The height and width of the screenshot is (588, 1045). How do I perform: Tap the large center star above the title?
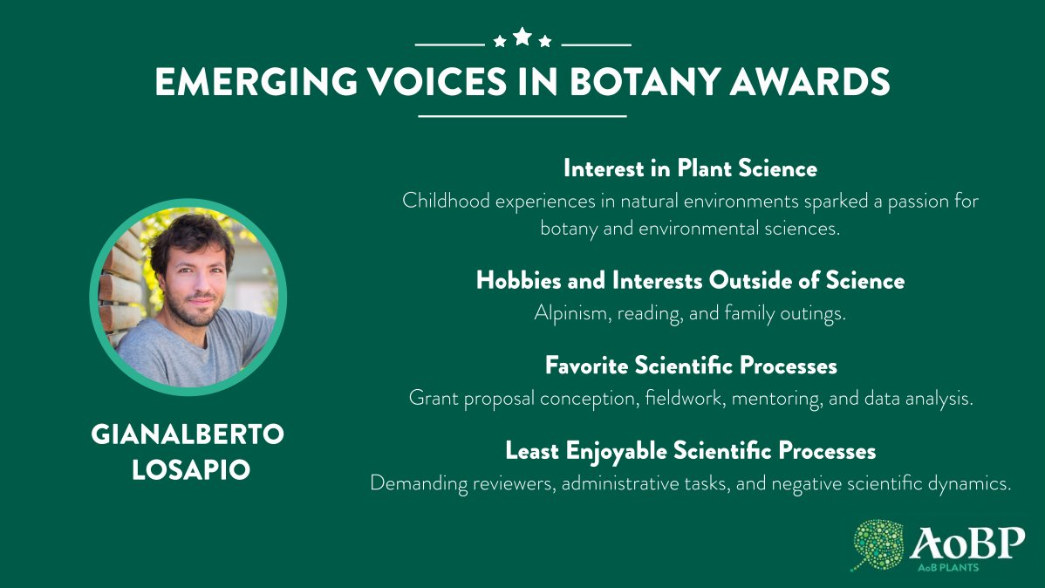click(x=522, y=37)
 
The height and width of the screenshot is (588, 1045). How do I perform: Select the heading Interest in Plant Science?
click(x=690, y=168)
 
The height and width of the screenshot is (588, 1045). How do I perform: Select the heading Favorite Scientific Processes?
click(x=691, y=365)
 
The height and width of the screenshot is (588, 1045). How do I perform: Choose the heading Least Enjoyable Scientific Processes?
click(x=690, y=451)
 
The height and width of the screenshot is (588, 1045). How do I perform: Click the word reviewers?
click(x=511, y=483)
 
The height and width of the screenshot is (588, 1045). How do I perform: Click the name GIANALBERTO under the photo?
click(x=188, y=435)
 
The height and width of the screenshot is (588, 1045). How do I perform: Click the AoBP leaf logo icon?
click(x=878, y=545)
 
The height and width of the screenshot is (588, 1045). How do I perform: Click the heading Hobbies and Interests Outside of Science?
click(x=690, y=281)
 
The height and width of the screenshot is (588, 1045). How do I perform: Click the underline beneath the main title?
click(x=522, y=115)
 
